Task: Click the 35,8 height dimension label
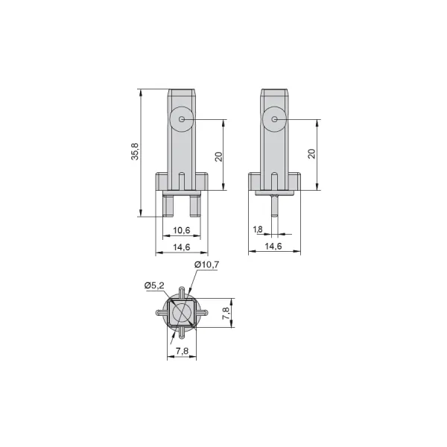click(x=135, y=151)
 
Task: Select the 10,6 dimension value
click(x=182, y=230)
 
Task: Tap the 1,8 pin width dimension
click(x=258, y=229)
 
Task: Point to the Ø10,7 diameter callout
click(x=206, y=264)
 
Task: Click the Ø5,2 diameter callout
click(x=154, y=285)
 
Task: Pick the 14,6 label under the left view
click(x=182, y=247)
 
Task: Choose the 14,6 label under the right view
click(x=273, y=246)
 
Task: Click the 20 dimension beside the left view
click(x=218, y=157)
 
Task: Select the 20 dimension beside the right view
click(x=312, y=153)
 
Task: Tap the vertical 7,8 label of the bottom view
click(x=226, y=313)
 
